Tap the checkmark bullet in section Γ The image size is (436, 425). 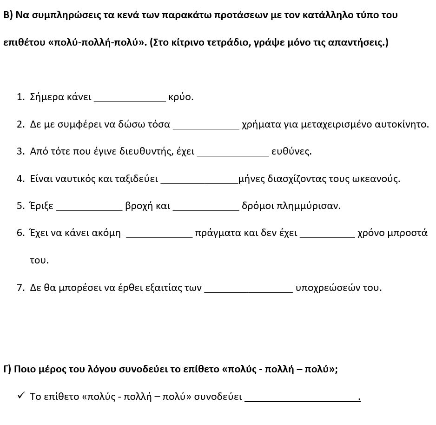(x=20, y=396)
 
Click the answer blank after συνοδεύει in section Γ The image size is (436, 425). (x=302, y=398)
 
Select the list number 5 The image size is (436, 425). (x=20, y=206)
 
